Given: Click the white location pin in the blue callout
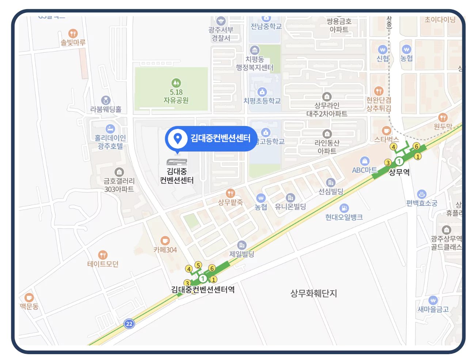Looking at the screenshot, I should click(178, 138).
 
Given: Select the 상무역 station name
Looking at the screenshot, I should click(399, 172).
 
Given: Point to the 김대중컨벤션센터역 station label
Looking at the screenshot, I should click(203, 290).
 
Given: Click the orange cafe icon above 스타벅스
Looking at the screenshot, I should click(386, 131).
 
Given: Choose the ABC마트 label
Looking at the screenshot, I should click(364, 170).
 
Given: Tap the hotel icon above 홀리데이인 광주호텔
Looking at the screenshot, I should click(110, 129).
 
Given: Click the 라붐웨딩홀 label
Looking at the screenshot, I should click(106, 109).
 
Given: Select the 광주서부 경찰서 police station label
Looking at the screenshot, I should click(221, 34).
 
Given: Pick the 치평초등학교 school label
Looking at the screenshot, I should click(262, 101).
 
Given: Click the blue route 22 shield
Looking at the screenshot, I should click(129, 324).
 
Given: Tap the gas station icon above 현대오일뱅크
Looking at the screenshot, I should click(344, 208).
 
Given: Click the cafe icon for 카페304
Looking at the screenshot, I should click(165, 241).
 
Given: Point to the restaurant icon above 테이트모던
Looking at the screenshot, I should click(103, 255).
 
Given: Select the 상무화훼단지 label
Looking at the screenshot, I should click(313, 294).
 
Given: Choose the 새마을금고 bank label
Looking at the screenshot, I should click(433, 309).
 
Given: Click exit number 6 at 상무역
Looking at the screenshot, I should click(416, 146).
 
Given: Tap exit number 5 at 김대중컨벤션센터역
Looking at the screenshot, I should click(198, 265).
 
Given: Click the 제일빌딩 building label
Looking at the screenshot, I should click(242, 254).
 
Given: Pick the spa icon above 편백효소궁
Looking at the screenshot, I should click(422, 194).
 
